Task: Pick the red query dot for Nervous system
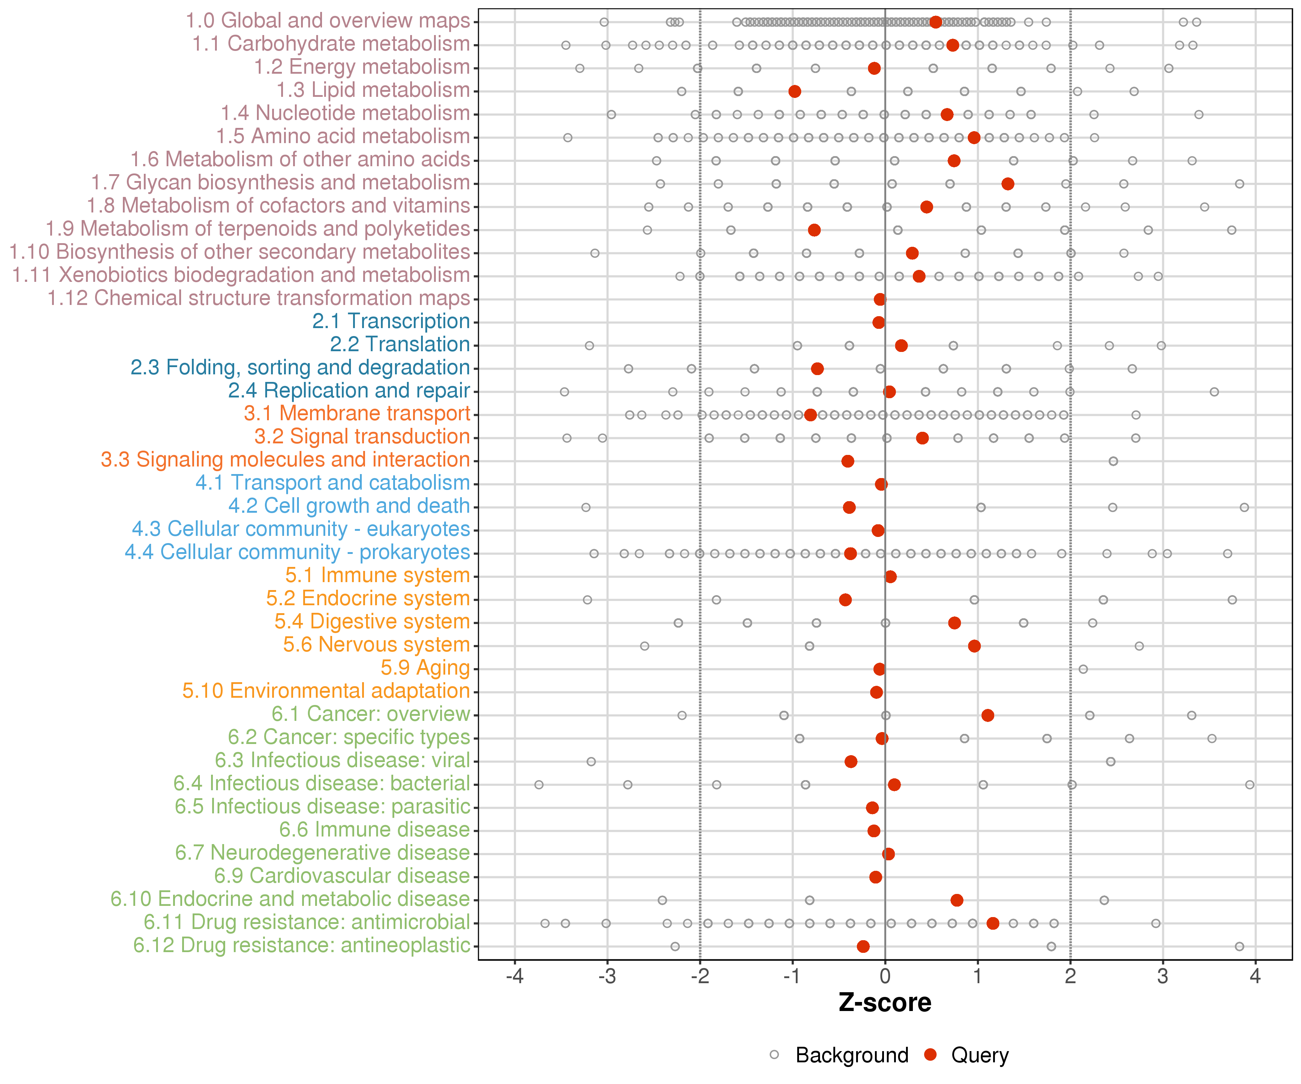pyautogui.click(x=975, y=646)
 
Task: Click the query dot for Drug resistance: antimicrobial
pyautogui.click(x=993, y=924)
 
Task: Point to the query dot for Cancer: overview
pyautogui.click(x=988, y=715)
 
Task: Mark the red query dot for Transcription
pyautogui.click(x=879, y=322)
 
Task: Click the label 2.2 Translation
pyautogui.click(x=400, y=344)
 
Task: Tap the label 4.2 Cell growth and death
pyautogui.click(x=349, y=506)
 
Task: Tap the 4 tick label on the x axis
pyautogui.click(x=1255, y=977)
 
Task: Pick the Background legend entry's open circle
pyautogui.click(x=774, y=1055)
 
